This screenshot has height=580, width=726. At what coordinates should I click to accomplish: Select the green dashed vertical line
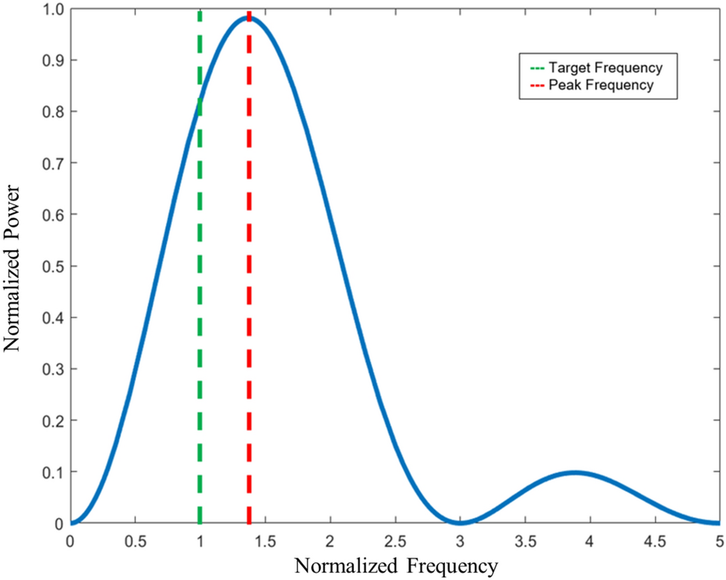(200, 306)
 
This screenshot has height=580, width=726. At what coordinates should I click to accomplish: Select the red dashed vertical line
(249, 306)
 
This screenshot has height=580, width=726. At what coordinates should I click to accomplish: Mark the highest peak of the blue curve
(248, 18)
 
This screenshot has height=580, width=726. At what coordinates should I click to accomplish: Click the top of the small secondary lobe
(575, 472)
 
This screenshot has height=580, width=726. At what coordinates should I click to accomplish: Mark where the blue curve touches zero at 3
(460, 523)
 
